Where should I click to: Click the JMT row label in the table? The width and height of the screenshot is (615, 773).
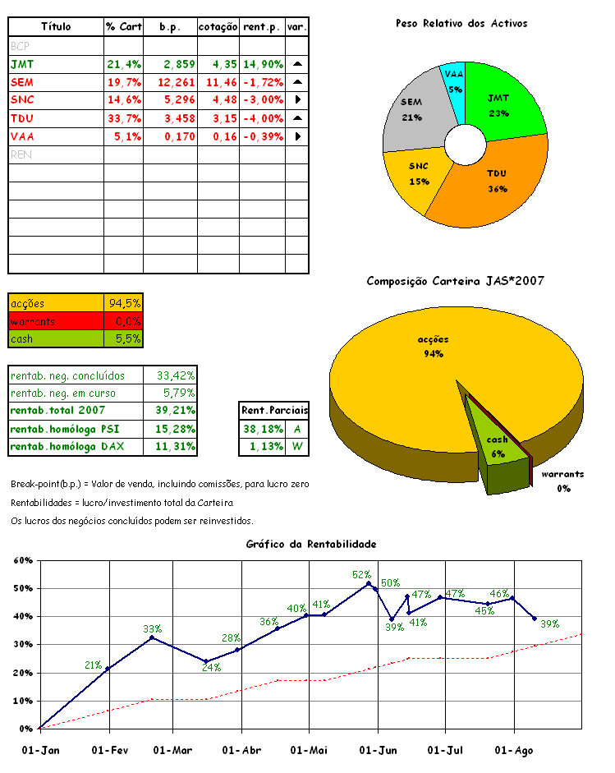tap(23, 63)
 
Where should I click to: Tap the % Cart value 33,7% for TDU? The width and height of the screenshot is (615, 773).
tap(124, 117)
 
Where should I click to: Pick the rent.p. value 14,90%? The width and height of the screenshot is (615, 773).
tap(263, 63)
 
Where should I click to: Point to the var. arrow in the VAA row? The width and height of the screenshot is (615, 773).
tap(297, 136)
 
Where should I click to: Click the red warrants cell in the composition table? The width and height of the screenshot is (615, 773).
tap(56, 321)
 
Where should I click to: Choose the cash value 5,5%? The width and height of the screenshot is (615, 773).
tap(125, 338)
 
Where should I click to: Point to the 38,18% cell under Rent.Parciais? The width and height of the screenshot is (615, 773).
tap(261, 429)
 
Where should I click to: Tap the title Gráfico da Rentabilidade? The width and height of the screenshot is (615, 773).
tap(311, 544)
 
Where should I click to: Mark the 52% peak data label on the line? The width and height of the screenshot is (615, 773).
tap(361, 574)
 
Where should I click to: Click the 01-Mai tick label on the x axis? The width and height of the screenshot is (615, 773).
tap(309, 750)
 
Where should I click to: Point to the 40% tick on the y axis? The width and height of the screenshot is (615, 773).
tap(24, 617)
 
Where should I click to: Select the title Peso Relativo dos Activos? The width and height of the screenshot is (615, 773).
tap(461, 23)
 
